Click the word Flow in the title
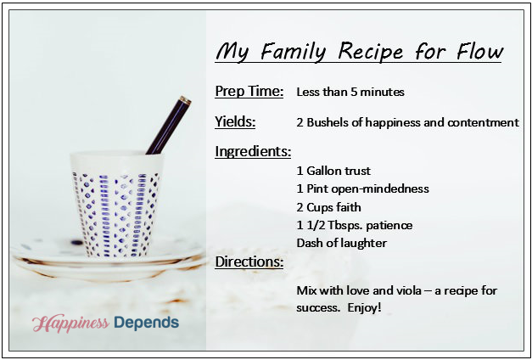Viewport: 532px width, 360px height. coord(479,52)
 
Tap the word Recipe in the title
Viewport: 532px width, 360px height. coord(371,53)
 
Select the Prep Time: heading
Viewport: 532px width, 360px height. coord(249,92)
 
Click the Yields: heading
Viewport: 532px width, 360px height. coord(235,122)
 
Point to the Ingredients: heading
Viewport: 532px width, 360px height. coord(253,151)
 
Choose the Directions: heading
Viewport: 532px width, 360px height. coord(249,262)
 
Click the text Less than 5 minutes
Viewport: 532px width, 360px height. coord(350,92)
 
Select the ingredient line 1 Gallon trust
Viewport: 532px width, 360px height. coord(333,171)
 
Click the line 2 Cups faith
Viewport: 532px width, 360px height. coord(328,207)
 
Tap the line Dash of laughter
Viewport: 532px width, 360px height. coord(342,243)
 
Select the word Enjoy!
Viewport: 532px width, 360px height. coord(364,308)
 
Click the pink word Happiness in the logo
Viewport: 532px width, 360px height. coord(71,323)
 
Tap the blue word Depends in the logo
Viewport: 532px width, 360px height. coord(147,323)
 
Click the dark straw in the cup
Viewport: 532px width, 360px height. coord(169,125)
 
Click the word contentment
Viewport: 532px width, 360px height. coord(484,122)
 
